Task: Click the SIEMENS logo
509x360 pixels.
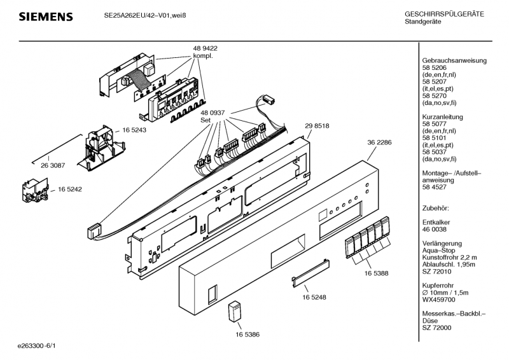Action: click(46, 17)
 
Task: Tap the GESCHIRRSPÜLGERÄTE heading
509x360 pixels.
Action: click(444, 14)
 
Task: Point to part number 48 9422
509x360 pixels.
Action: click(205, 48)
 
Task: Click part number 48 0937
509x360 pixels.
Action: click(213, 113)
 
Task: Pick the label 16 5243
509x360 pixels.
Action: click(134, 130)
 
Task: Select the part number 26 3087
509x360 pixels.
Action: click(53, 165)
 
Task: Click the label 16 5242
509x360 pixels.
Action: click(70, 189)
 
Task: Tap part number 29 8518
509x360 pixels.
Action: click(317, 126)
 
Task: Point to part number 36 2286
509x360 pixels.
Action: click(379, 142)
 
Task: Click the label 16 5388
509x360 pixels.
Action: click(376, 273)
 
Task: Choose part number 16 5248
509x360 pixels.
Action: click(314, 297)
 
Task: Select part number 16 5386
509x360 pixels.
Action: click(248, 335)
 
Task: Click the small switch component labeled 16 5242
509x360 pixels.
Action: click(35, 190)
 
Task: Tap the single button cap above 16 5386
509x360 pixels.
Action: click(235, 312)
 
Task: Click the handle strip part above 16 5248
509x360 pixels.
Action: click(310, 273)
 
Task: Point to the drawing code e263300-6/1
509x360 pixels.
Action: click(37, 346)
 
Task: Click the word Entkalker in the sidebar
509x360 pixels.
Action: click(436, 223)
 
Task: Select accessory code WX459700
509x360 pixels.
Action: click(438, 300)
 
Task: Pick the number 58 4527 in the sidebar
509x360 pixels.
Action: click(435, 187)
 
